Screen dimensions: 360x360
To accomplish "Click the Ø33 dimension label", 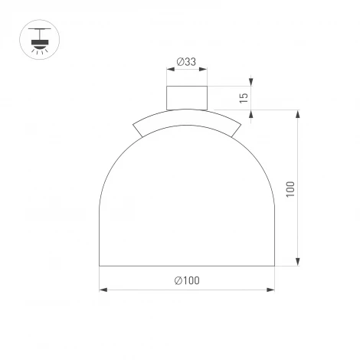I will point(187,62).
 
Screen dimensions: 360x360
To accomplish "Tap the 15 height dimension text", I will point(244,97).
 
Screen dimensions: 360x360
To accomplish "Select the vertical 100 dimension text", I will point(290,189).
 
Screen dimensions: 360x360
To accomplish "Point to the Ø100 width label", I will point(187,281).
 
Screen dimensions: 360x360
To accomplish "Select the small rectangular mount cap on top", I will point(187,98).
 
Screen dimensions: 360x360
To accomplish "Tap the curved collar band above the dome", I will point(187,119).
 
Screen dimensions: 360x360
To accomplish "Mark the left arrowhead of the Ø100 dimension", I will point(103,290).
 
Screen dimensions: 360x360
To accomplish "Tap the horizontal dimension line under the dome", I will point(153,290).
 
